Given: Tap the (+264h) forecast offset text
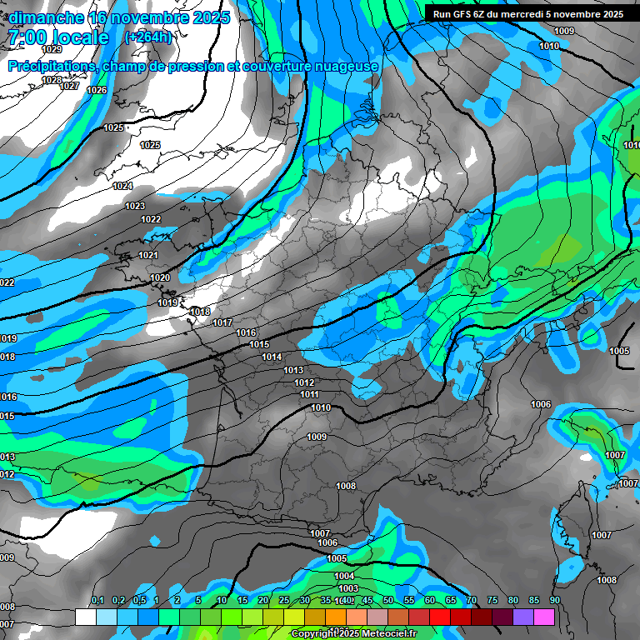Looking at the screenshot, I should tap(147, 37).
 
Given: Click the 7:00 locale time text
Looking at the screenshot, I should tap(57, 37).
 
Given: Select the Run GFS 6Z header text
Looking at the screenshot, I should tap(524, 14).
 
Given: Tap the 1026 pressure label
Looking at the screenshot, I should tap(97, 90).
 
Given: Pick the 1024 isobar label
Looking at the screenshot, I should tap(122, 186).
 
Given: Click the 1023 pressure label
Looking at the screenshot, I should tap(134, 206).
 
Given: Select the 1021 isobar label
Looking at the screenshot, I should tap(148, 255).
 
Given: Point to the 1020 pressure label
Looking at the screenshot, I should tap(160, 277).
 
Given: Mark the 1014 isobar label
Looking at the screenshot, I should tap(272, 357).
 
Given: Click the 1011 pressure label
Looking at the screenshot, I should tap(309, 394).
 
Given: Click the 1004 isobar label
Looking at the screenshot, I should tap(344, 576).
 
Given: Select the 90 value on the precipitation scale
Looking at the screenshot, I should tap(554, 600).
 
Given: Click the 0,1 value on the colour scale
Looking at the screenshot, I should tap(97, 600).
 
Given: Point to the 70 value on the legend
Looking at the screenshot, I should tap(471, 600).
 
